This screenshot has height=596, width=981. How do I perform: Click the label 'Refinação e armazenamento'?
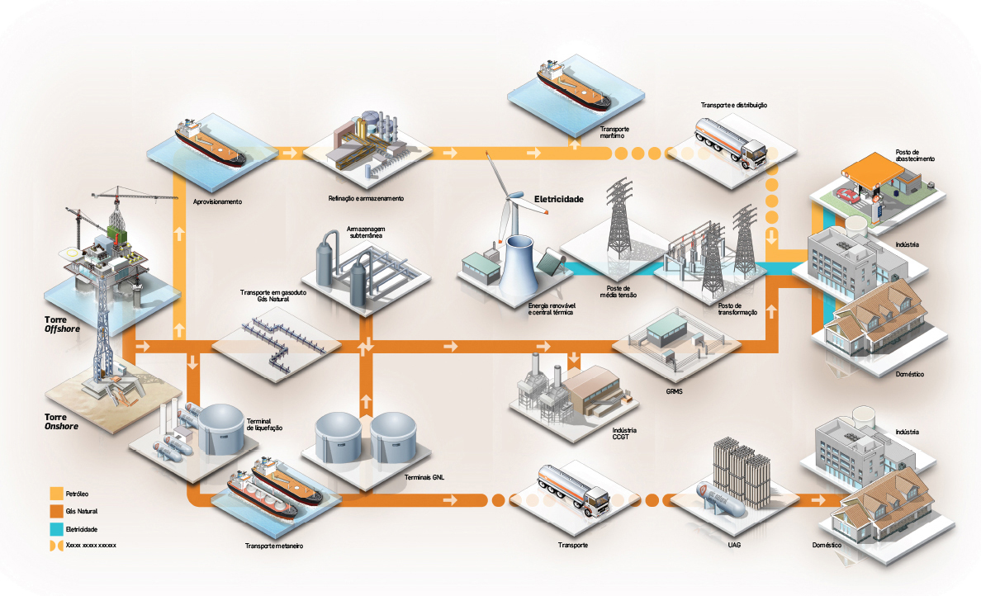click(x=366, y=198)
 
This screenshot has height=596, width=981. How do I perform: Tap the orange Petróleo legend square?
click(x=56, y=493)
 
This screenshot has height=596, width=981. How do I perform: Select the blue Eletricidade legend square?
click(x=56, y=528)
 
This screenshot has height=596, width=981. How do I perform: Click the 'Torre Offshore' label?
click(x=60, y=323)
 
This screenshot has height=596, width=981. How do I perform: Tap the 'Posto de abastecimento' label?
click(x=915, y=155)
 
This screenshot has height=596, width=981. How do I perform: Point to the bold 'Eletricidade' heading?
click(x=559, y=200)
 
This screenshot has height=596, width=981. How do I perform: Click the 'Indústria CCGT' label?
click(x=624, y=435)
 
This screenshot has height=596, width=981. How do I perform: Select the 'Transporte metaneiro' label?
click(x=274, y=546)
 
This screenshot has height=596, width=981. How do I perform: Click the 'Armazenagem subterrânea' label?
click(x=367, y=231)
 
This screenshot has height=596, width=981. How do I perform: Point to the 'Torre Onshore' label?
click(x=60, y=422)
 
